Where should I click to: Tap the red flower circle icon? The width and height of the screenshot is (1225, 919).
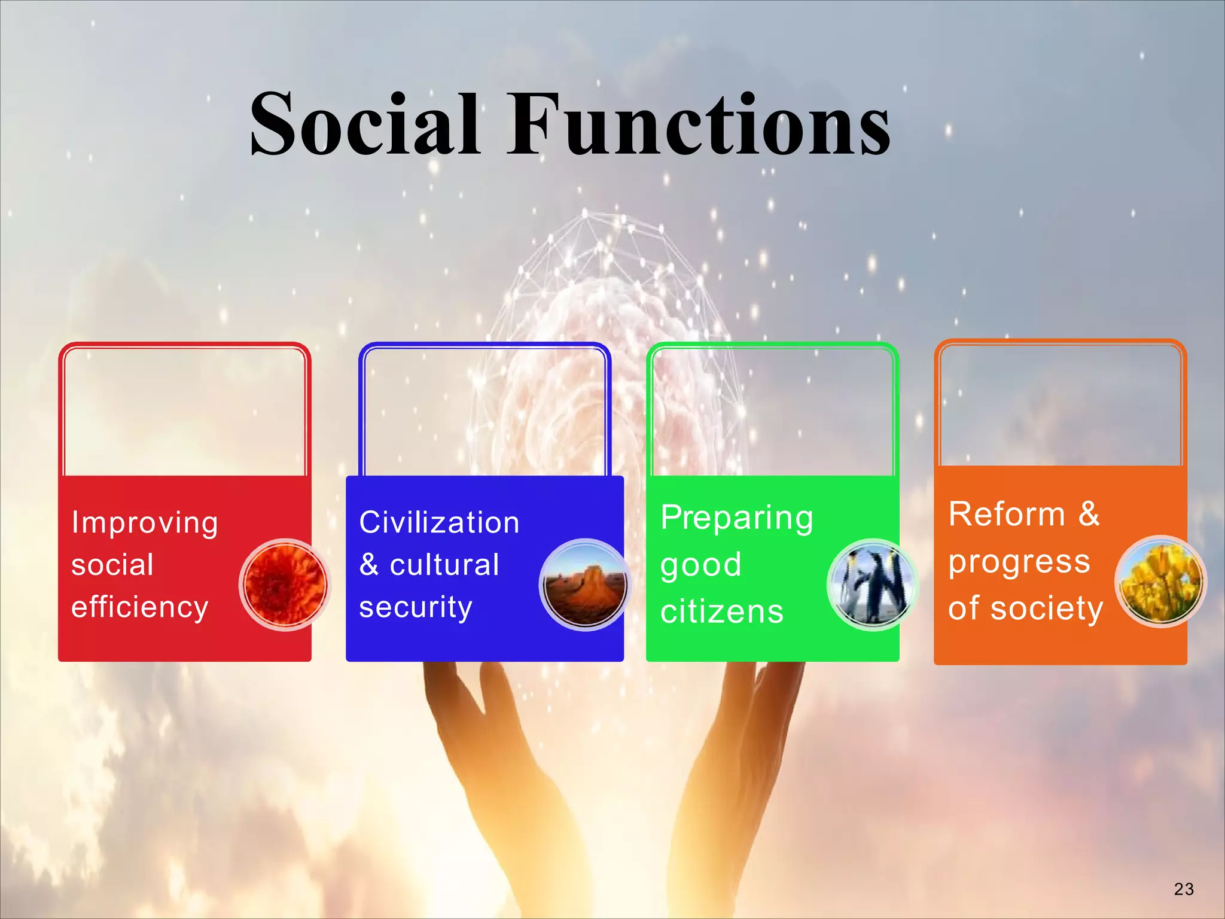[x=285, y=585]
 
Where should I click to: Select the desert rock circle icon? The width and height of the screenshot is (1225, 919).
[x=585, y=585]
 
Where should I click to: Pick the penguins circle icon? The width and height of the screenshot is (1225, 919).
[x=873, y=585]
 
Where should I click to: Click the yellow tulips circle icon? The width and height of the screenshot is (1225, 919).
[x=1160, y=582]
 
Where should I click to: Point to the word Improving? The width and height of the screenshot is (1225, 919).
[x=144, y=523]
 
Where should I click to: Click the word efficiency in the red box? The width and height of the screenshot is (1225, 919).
[x=139, y=607]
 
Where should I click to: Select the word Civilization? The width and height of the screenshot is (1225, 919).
[x=439, y=523]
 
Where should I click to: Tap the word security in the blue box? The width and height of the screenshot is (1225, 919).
[x=416, y=607]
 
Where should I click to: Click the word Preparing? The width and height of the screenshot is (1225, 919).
[x=736, y=518]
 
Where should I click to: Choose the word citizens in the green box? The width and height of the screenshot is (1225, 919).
[x=722, y=612]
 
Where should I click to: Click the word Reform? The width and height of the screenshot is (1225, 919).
[x=1007, y=515]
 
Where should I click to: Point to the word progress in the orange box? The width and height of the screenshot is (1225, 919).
[x=1019, y=562]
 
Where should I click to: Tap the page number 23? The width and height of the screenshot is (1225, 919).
[x=1184, y=889]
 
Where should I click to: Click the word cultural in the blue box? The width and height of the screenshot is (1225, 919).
[x=444, y=565]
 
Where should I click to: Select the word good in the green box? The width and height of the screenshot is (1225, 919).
[x=700, y=565]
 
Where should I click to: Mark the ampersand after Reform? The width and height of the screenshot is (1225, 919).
[x=1089, y=515]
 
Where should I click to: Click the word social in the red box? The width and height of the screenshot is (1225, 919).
[x=112, y=565]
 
